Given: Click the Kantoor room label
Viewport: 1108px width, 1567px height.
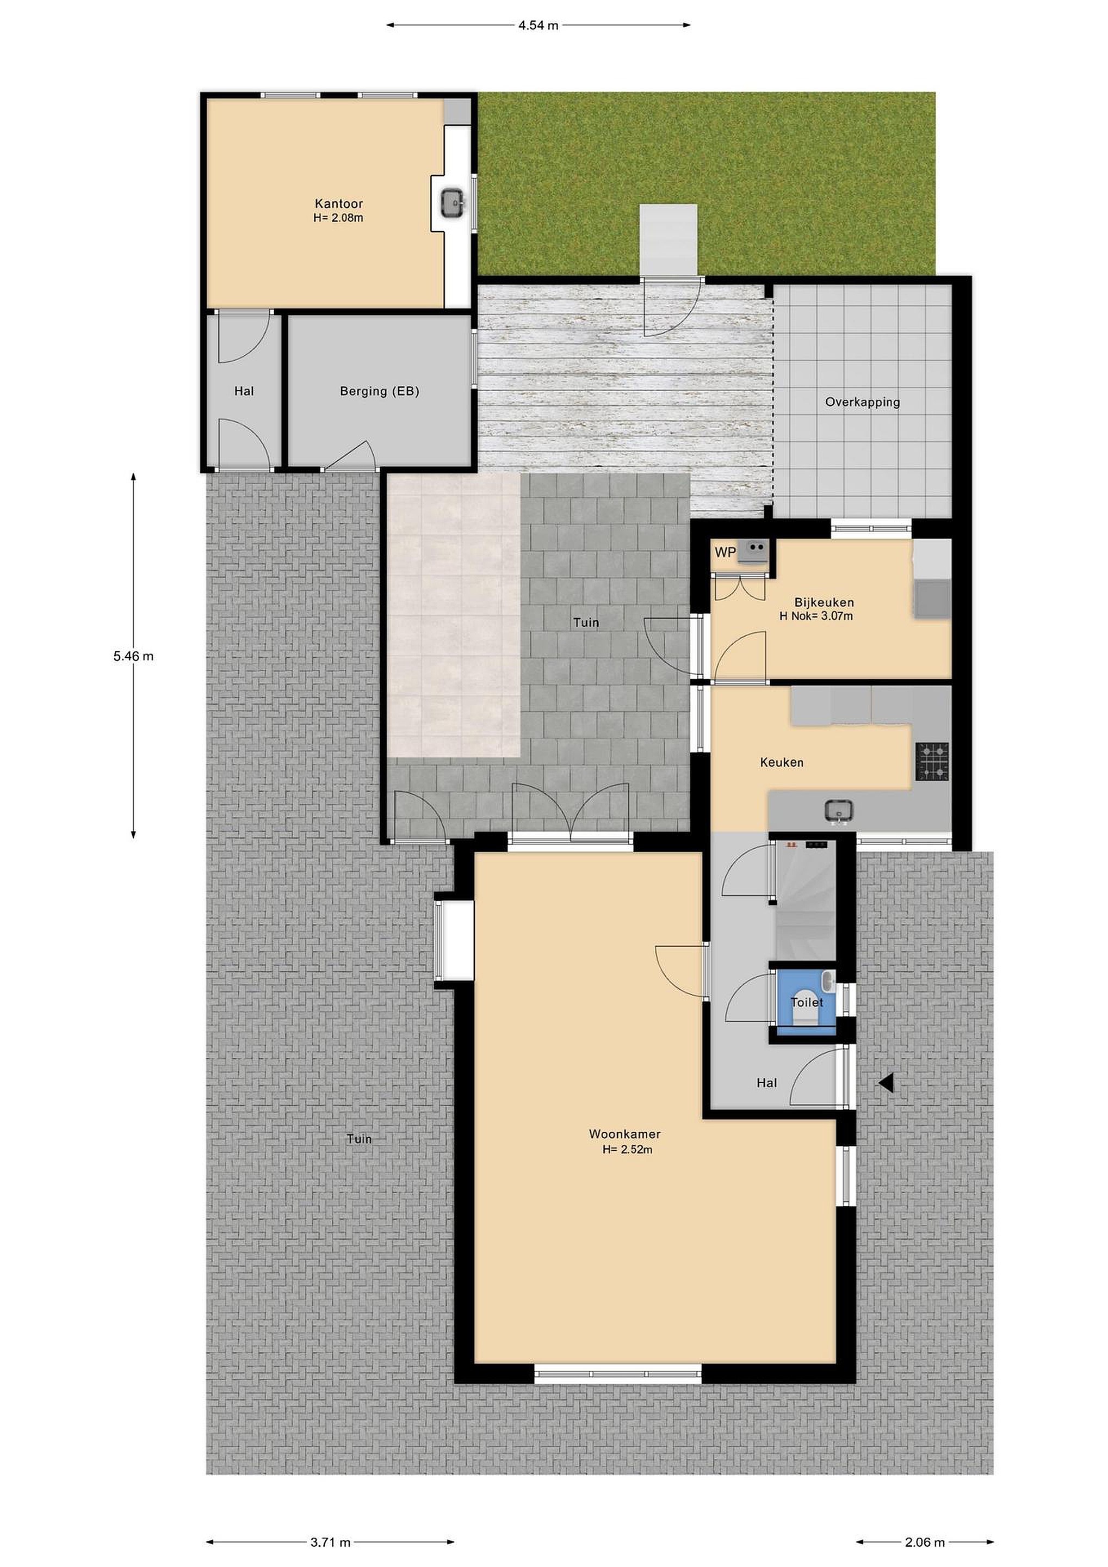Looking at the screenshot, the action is pyautogui.click(x=338, y=203).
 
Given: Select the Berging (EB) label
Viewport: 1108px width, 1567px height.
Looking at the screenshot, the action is pyautogui.click(x=379, y=391).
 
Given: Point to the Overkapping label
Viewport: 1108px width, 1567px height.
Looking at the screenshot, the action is pyautogui.click(x=862, y=402).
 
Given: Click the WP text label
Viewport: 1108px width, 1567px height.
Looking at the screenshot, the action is pyautogui.click(x=725, y=552).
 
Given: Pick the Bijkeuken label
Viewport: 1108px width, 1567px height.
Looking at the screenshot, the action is pyautogui.click(x=824, y=602).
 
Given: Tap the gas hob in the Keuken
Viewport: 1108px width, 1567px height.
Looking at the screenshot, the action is pyautogui.click(x=932, y=762).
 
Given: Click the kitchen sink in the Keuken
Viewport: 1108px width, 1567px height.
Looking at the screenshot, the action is pyautogui.click(x=839, y=810).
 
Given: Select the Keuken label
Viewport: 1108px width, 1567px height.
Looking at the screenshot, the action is pyautogui.click(x=781, y=762).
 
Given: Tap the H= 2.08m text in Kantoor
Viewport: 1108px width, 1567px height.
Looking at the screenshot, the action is pyautogui.click(x=338, y=218).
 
